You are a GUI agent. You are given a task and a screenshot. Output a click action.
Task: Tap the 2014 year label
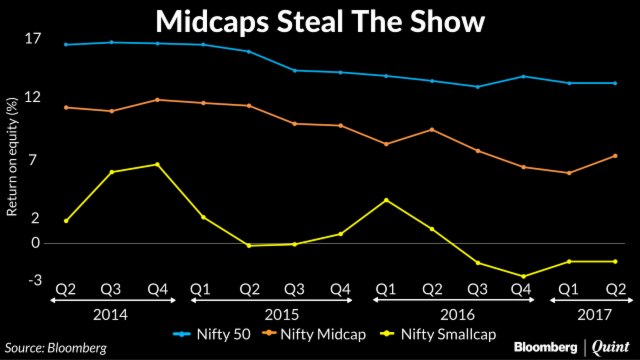click(x=111, y=312)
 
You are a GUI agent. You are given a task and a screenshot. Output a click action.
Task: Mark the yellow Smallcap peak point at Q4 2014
click(x=157, y=164)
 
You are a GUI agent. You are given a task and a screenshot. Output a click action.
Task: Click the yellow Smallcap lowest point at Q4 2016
click(x=522, y=276)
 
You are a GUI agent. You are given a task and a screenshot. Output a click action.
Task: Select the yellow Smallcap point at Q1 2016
click(x=386, y=200)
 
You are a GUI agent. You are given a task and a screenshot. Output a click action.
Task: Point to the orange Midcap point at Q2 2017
click(x=615, y=155)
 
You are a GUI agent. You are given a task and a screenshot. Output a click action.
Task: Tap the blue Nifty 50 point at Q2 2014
click(x=66, y=44)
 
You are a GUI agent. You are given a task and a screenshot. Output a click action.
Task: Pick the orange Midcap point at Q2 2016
click(x=432, y=129)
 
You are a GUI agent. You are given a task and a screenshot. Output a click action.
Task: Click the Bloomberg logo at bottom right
click(x=547, y=348)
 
